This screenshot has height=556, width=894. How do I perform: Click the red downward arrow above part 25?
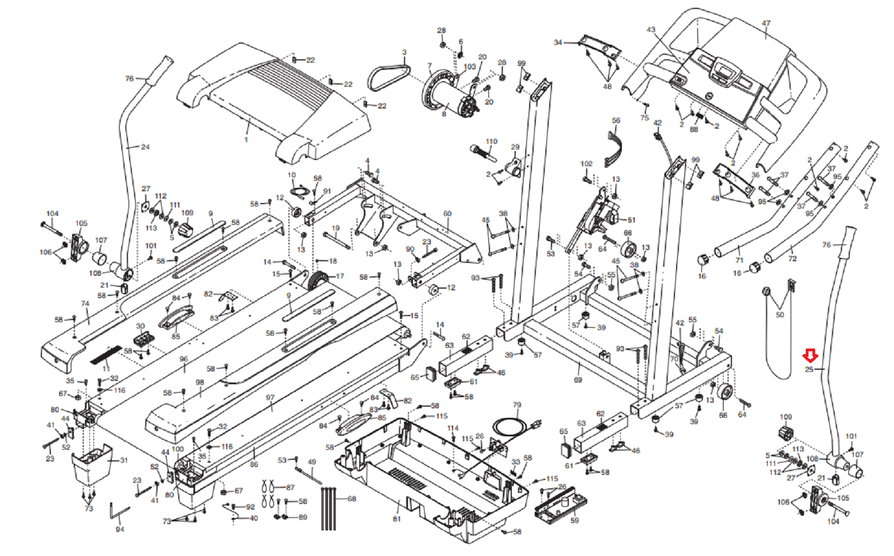point(810,355)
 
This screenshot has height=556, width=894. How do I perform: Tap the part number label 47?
point(766,23)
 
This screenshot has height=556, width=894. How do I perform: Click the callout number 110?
point(491,142)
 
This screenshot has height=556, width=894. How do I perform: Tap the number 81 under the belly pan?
point(397,519)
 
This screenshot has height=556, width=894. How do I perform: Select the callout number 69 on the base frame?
point(578,380)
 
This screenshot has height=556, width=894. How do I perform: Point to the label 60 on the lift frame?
point(447,214)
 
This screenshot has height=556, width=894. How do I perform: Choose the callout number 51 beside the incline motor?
point(631,220)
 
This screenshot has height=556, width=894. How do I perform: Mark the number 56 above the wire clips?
point(616,120)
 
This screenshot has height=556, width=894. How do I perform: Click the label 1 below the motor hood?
point(246,139)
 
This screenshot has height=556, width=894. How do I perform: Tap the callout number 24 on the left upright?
point(145,147)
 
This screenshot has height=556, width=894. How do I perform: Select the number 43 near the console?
point(651,30)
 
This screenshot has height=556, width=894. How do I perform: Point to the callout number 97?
point(270,398)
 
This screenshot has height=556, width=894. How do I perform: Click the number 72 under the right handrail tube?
point(792,258)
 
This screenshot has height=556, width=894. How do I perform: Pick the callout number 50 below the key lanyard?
point(780,314)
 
